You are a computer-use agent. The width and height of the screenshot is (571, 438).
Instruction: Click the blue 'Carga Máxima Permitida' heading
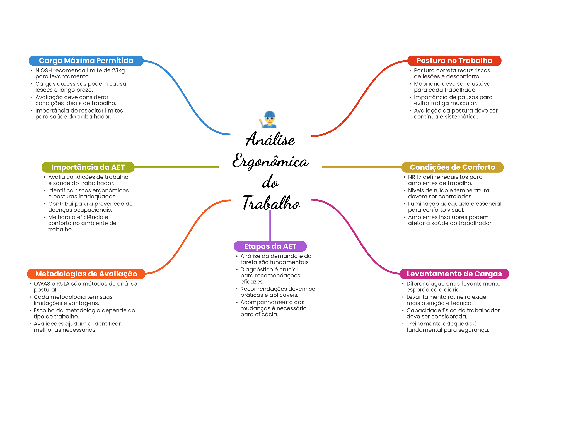(x=86, y=61)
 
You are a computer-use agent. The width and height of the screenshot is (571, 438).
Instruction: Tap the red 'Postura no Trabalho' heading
(x=454, y=61)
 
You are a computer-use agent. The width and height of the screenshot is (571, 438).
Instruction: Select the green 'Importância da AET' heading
(x=88, y=167)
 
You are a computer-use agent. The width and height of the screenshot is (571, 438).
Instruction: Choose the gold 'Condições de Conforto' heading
(x=452, y=167)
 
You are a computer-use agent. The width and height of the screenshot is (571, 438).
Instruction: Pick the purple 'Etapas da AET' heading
(x=270, y=246)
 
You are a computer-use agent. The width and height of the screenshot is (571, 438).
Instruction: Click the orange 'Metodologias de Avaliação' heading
(x=86, y=274)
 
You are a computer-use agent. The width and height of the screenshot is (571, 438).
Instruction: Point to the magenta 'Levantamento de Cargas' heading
(x=454, y=274)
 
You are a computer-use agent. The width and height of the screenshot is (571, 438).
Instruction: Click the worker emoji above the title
(x=269, y=119)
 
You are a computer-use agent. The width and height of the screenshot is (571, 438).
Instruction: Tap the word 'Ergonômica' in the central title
(x=270, y=162)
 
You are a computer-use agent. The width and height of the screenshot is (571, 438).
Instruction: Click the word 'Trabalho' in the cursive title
(x=271, y=203)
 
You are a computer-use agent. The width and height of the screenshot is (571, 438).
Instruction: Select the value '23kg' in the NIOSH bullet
(x=118, y=70)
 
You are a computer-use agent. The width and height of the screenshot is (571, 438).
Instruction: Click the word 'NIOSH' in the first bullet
(x=43, y=70)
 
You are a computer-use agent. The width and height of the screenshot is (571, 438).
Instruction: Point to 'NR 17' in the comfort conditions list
(x=415, y=177)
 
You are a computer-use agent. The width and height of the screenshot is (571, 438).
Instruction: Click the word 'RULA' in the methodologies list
(x=63, y=284)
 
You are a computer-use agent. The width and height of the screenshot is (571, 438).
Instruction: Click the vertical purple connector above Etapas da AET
(x=270, y=226)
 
